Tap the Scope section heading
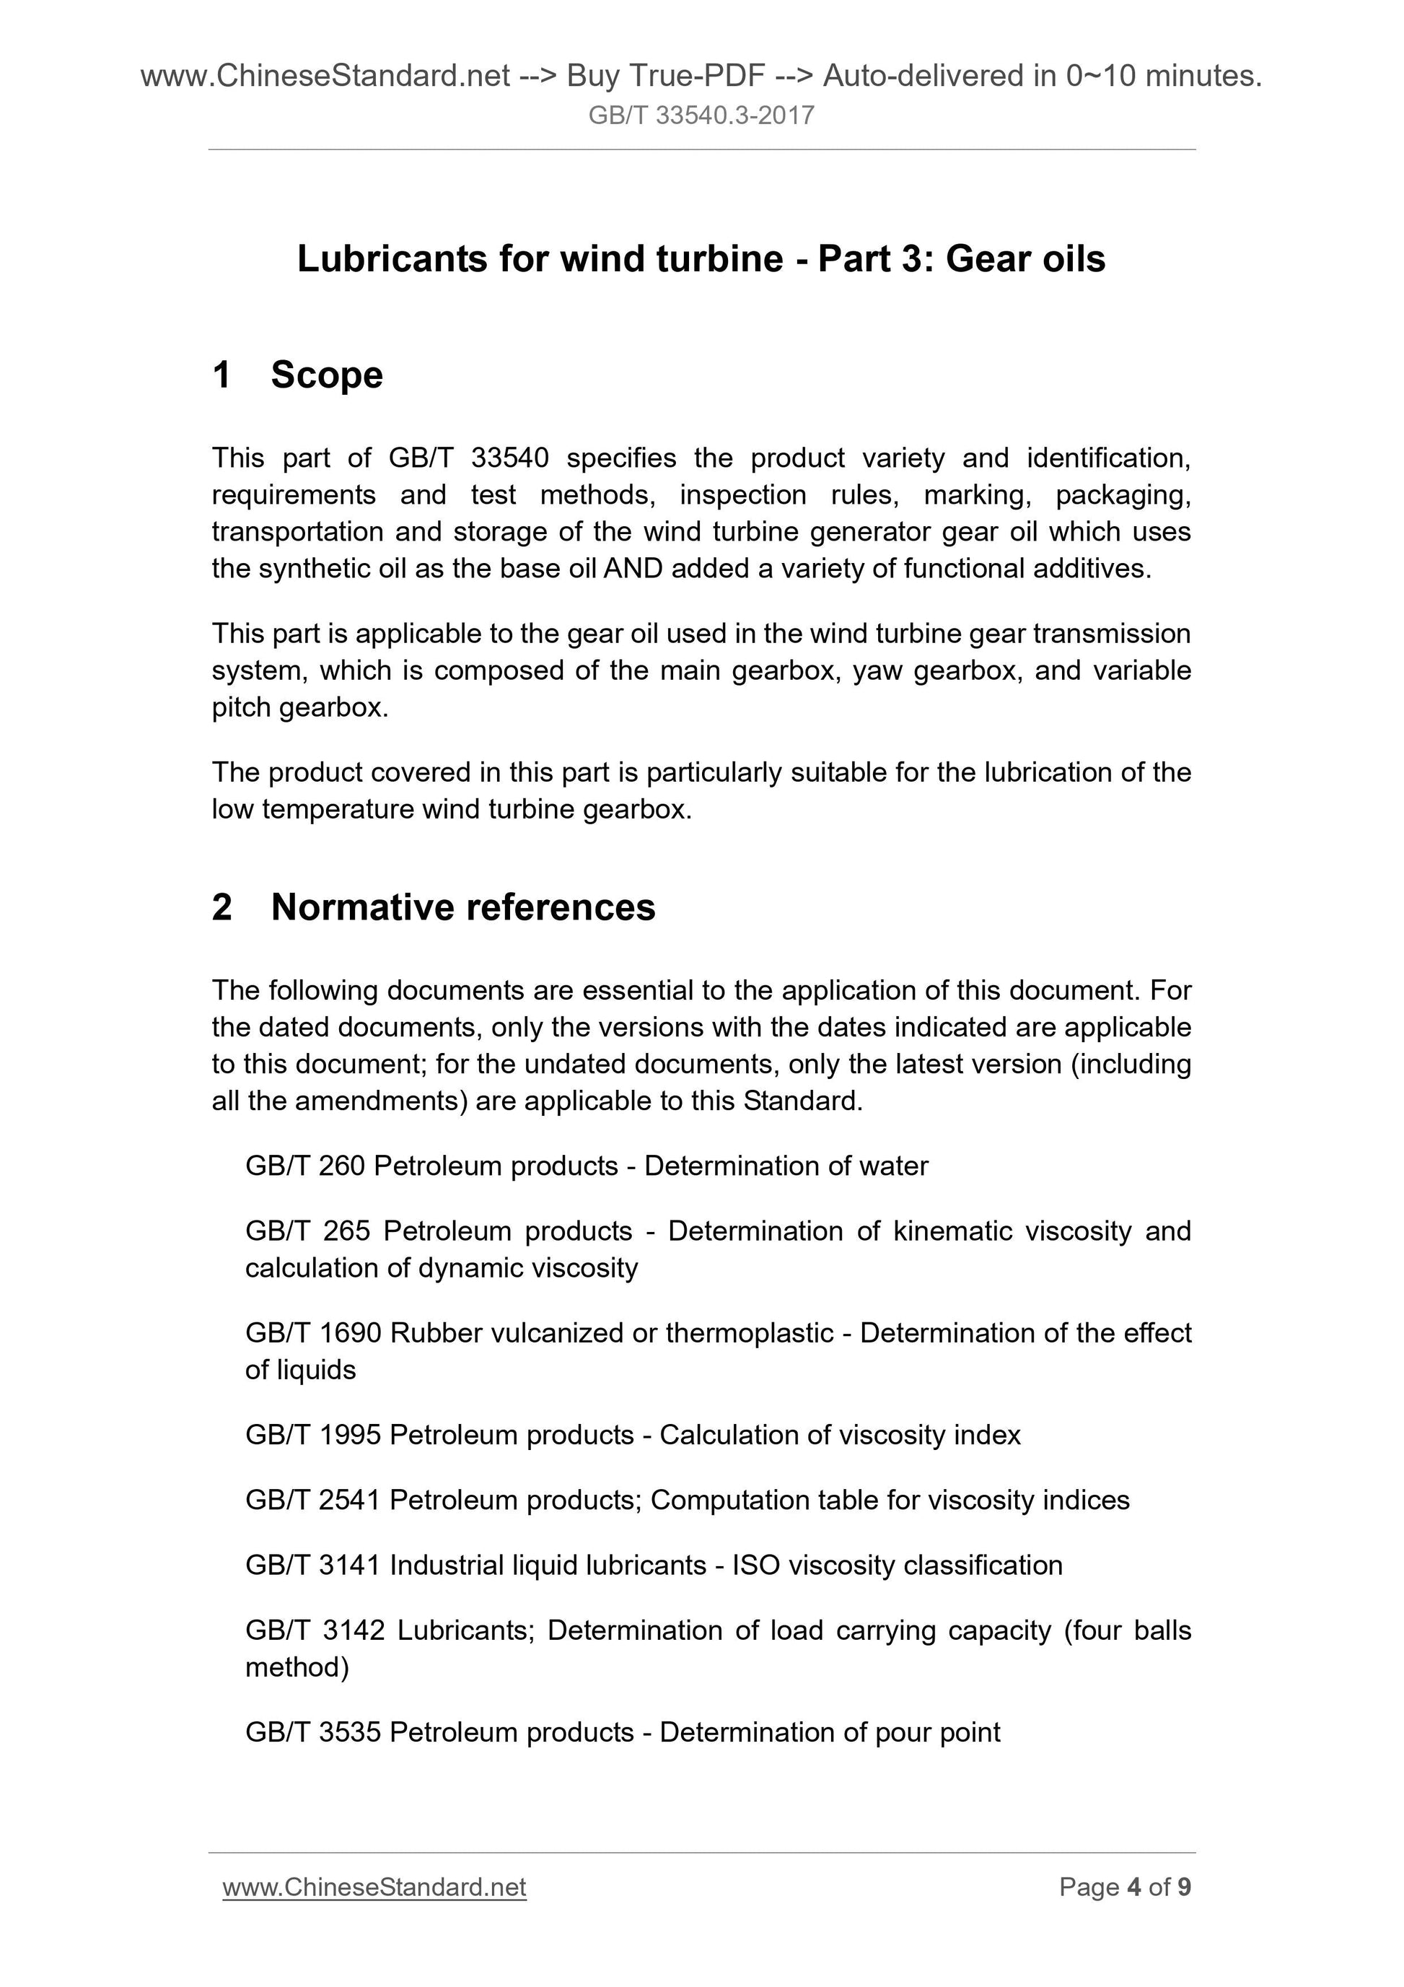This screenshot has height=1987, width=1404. [x=326, y=375]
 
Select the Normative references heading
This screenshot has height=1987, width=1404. [x=462, y=907]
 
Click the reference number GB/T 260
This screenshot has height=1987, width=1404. [x=304, y=1166]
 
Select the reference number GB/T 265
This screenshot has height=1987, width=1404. [x=307, y=1231]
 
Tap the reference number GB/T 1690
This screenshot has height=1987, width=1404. [x=312, y=1333]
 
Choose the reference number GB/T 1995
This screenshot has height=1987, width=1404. [x=312, y=1435]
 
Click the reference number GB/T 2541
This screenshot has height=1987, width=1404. [x=312, y=1500]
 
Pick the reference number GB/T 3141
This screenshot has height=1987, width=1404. [x=312, y=1565]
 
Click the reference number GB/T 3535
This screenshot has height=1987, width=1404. [x=312, y=1731]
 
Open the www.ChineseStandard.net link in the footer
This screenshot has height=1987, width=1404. [x=374, y=1887]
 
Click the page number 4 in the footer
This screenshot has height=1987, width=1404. [x=1133, y=1887]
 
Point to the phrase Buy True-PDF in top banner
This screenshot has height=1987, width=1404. [x=665, y=77]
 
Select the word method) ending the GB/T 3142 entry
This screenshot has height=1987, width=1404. [x=297, y=1667]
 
